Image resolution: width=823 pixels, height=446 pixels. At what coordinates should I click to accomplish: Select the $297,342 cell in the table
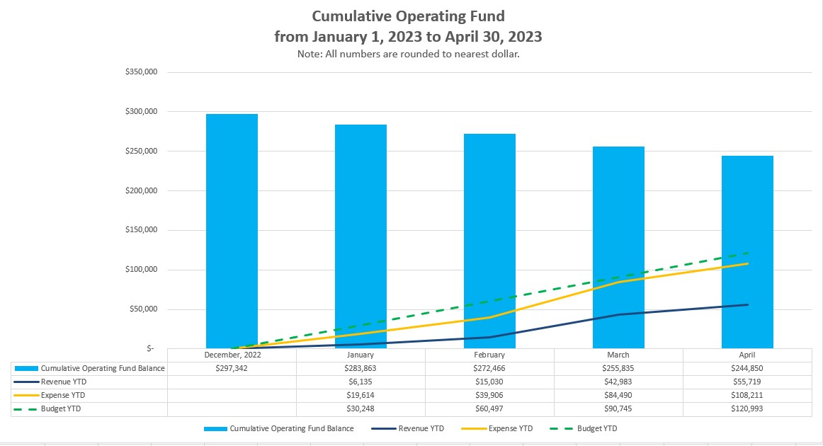[x=232, y=368]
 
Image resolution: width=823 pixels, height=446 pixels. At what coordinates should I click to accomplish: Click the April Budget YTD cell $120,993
[x=747, y=409]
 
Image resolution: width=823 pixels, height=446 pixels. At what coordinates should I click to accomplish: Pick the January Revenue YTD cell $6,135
[x=361, y=382]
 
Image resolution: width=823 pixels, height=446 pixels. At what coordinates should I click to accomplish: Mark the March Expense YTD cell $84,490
[x=618, y=396]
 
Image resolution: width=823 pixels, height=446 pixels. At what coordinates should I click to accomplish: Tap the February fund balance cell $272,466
[x=489, y=368]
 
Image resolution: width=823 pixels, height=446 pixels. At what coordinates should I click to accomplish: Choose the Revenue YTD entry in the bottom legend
[x=417, y=428]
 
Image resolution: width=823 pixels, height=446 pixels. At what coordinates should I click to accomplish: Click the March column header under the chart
[x=618, y=355]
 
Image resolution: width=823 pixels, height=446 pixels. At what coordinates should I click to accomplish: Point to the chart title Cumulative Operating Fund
[x=408, y=16]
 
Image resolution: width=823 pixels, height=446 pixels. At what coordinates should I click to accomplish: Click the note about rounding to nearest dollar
[x=408, y=54]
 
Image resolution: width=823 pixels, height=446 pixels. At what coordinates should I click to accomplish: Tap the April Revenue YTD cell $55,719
[x=747, y=382]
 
